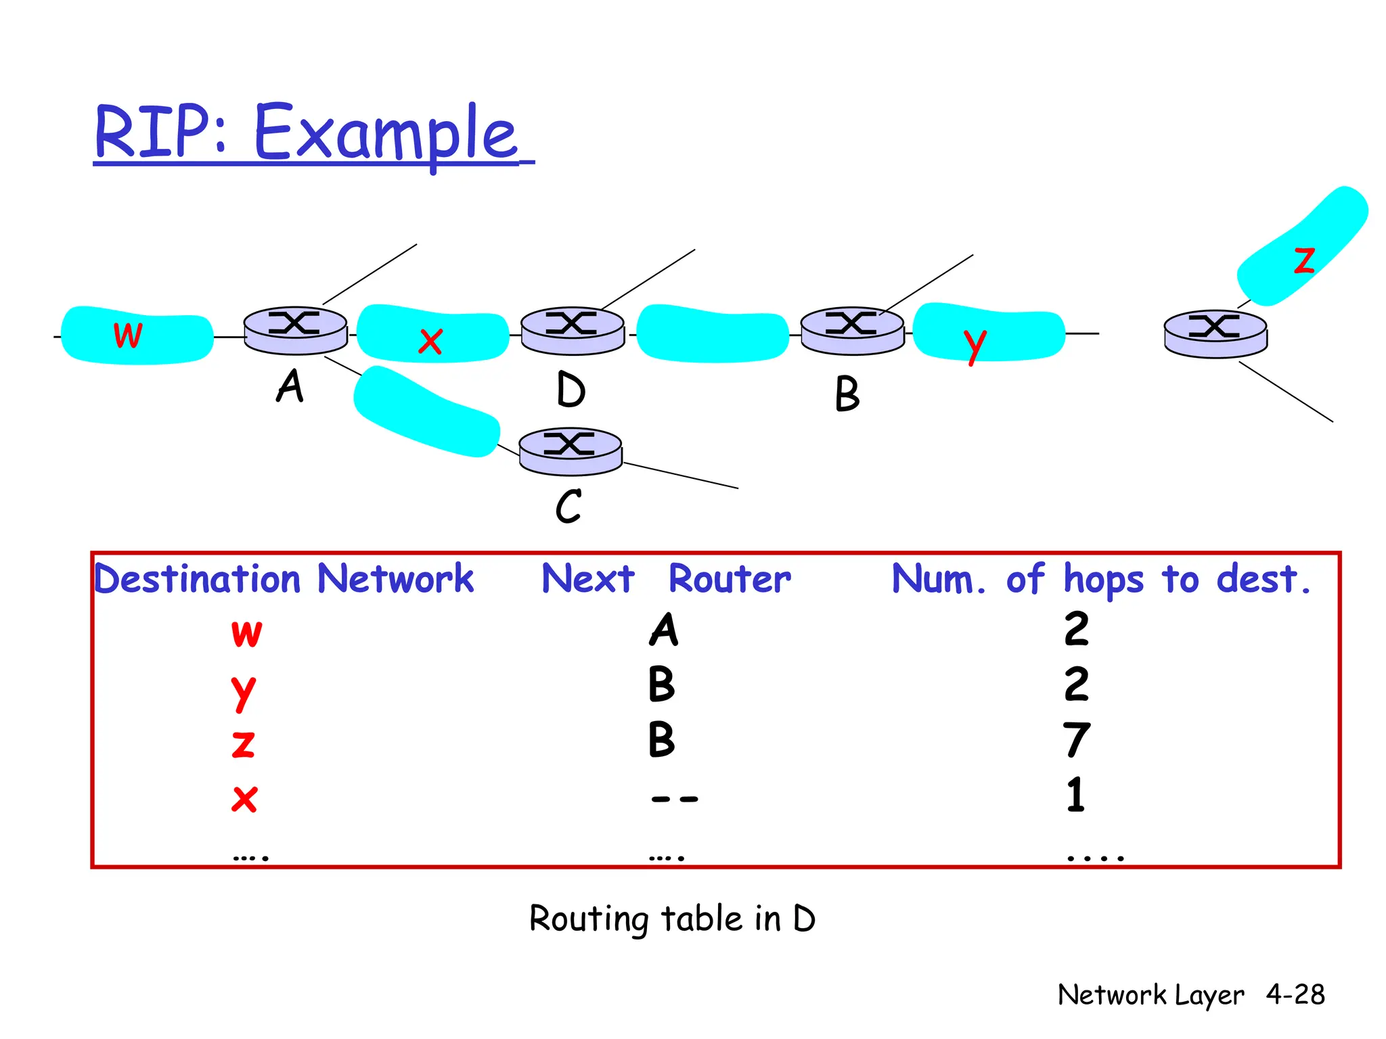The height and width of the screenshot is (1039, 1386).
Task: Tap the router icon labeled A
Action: [x=295, y=329]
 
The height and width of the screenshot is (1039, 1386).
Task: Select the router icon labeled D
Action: [x=573, y=330]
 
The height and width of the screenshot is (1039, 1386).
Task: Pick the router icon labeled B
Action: [x=852, y=330]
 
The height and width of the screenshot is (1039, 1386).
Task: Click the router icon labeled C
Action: [x=571, y=451]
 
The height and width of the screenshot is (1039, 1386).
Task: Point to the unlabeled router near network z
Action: [x=1215, y=333]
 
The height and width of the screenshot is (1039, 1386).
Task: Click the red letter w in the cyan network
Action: [x=128, y=335]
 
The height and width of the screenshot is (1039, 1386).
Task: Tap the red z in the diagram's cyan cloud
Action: [x=1303, y=260]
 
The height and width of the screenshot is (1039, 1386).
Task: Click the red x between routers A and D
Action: [x=430, y=341]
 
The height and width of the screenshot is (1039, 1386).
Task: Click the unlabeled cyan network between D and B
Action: [x=713, y=333]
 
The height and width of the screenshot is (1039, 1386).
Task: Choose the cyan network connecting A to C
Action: [x=426, y=411]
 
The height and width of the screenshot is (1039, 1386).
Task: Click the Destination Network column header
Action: [x=284, y=579]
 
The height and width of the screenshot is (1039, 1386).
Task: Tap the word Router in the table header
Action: [x=729, y=579]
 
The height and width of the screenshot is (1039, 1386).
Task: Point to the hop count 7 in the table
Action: [x=1076, y=739]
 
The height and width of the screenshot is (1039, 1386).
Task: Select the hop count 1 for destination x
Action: [x=1075, y=795]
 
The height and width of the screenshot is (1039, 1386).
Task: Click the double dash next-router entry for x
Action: [x=673, y=799]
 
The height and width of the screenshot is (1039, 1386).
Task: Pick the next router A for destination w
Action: [x=664, y=630]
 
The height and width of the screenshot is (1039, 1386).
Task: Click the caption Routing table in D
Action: [x=672, y=919]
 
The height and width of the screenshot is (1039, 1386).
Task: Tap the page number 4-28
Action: [x=1295, y=994]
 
